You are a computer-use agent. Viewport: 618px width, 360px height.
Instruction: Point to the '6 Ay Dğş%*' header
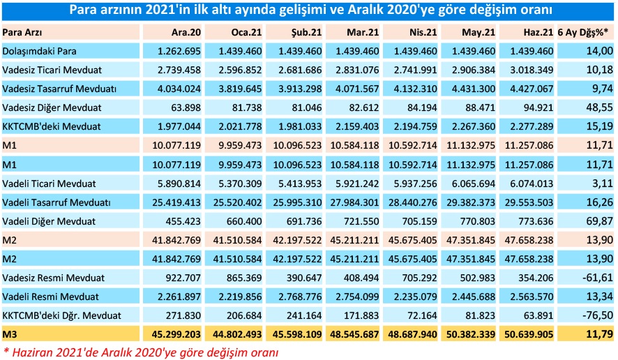(587, 33)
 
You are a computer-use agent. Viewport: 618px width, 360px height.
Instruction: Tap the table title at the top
(309, 10)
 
